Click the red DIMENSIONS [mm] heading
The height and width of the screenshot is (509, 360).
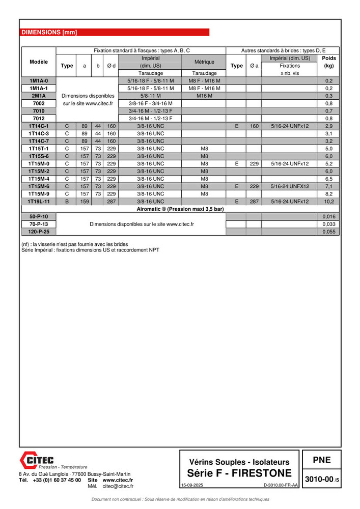[x=49, y=32]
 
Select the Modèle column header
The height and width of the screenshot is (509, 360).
[x=39, y=62]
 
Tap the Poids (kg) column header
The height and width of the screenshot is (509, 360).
[x=329, y=62]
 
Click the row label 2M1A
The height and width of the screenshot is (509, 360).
[x=39, y=96]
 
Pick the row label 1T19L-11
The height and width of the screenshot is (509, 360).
[x=39, y=202]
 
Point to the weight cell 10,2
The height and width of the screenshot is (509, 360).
[x=329, y=202]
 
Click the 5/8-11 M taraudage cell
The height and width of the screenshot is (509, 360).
[x=150, y=96]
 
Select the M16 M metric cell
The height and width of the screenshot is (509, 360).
[x=204, y=96]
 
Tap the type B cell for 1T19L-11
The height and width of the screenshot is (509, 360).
[x=67, y=202]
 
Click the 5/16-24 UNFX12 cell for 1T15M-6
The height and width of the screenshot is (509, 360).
[x=290, y=186]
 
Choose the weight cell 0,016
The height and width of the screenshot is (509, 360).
[x=329, y=216]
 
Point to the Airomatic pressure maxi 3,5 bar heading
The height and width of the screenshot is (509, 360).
[x=180, y=209]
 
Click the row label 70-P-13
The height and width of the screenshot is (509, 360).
[x=39, y=224]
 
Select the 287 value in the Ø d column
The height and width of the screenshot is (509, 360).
[x=112, y=202]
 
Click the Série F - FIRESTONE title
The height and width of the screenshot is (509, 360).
[x=239, y=474]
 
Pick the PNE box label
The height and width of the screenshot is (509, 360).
[x=321, y=460]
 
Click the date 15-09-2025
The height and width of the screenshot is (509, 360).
[x=192, y=486]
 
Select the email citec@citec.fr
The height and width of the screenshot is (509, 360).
[x=118, y=486]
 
